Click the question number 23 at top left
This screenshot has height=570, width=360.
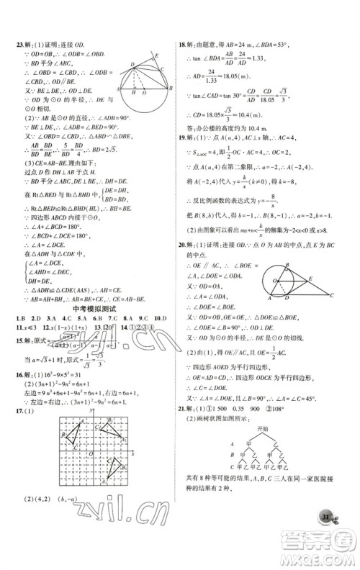click(21, 44)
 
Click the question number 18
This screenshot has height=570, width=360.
click(183, 44)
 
